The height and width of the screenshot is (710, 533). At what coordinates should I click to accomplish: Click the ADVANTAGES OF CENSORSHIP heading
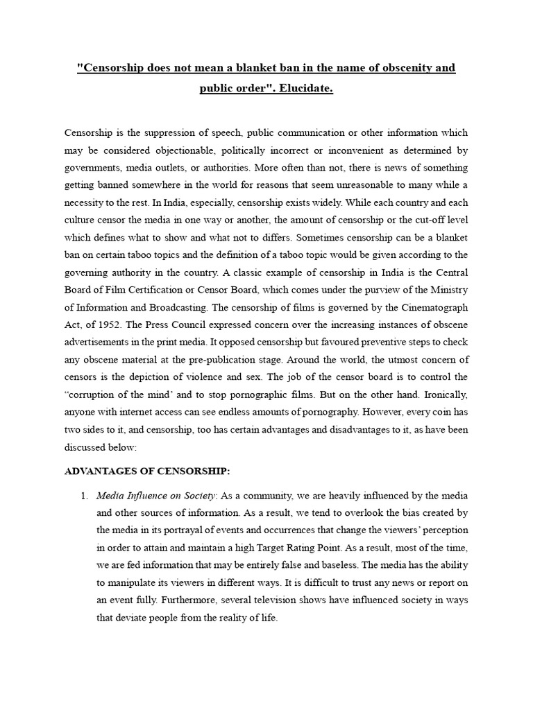146,471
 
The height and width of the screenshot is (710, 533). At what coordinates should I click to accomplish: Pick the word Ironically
443,394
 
